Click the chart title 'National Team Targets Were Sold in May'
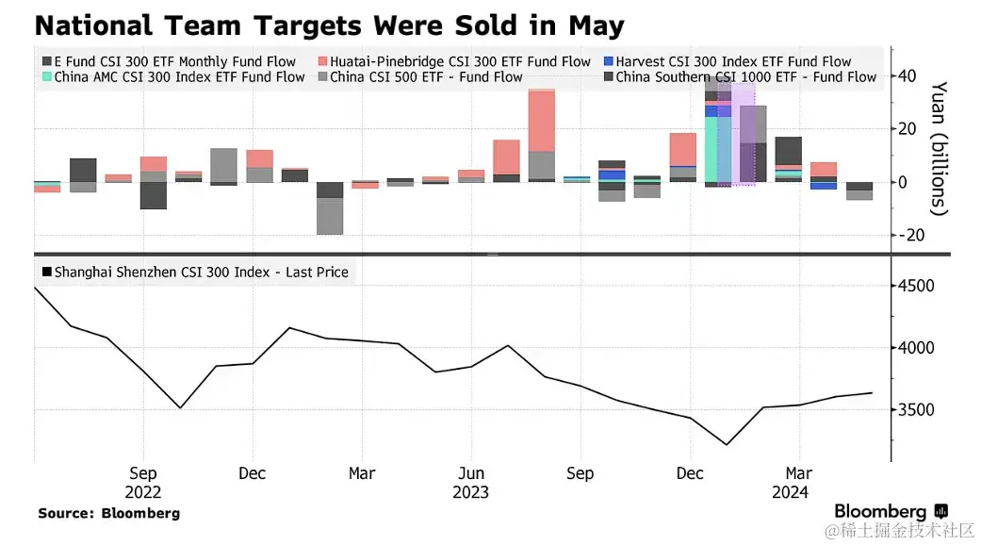tap(329, 25)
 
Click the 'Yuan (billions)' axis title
tap(940, 148)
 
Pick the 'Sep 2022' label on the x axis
tap(143, 482)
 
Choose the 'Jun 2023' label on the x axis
tap(471, 482)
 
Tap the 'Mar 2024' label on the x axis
tap(798, 482)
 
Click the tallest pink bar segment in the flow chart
tap(541, 121)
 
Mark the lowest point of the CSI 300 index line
tap(726, 444)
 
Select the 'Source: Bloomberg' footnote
tap(108, 513)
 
